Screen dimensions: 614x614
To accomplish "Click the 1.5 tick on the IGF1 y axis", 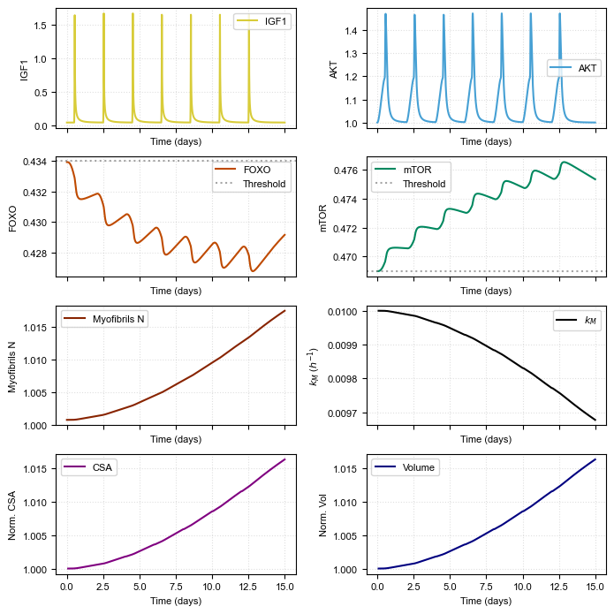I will tap(41, 25).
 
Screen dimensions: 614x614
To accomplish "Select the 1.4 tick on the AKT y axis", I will tap(352, 31).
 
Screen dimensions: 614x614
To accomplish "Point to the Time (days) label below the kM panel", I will tap(487, 439).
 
